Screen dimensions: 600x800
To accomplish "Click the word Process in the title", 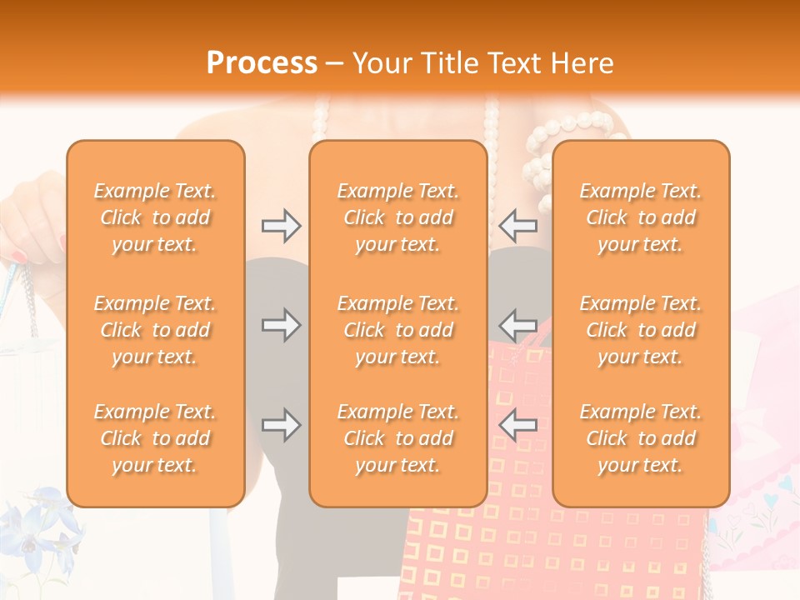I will (x=262, y=63).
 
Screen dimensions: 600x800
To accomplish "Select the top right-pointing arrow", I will (x=281, y=226).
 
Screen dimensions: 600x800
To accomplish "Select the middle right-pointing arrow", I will (x=281, y=325).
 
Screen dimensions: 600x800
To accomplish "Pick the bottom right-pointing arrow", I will (x=281, y=426).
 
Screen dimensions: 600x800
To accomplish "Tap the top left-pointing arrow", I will (x=517, y=226).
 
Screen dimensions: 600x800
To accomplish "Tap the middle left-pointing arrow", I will (x=517, y=325).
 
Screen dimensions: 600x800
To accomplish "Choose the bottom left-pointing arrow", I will (x=517, y=426).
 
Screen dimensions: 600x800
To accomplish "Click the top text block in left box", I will (x=155, y=217).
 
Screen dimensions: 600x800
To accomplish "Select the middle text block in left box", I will (x=155, y=330).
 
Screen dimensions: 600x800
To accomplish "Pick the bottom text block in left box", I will (x=155, y=438).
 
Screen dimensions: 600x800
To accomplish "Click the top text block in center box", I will (x=397, y=217).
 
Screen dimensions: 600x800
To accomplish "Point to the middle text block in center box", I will (x=397, y=330).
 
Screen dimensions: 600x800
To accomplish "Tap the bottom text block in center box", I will (x=397, y=438).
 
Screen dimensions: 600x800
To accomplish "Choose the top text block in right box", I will (x=640, y=217).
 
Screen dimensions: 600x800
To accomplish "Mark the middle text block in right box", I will (x=640, y=330).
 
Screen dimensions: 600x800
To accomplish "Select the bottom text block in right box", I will (x=640, y=438).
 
